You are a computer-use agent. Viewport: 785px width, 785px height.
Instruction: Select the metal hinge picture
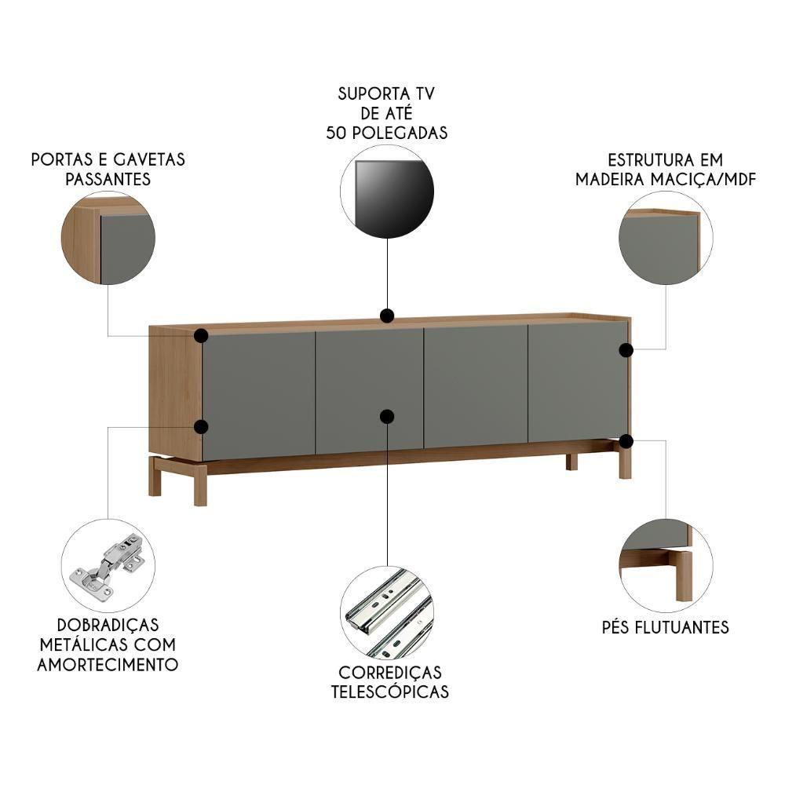click(108, 565)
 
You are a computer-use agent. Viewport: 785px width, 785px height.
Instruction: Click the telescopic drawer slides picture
click(387, 613)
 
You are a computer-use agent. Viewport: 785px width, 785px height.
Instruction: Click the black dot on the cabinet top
click(387, 316)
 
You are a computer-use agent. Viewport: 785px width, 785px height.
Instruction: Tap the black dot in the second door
click(387, 417)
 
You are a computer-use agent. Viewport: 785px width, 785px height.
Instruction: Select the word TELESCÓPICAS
click(390, 692)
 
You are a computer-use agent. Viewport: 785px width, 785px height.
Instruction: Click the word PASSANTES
click(108, 179)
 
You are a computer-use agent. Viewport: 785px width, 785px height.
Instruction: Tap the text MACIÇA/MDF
click(703, 179)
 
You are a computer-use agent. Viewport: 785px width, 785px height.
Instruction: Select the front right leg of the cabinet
click(625, 463)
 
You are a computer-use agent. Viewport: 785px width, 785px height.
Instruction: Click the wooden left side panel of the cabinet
click(175, 392)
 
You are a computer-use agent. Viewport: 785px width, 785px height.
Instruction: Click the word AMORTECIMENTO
click(108, 665)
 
